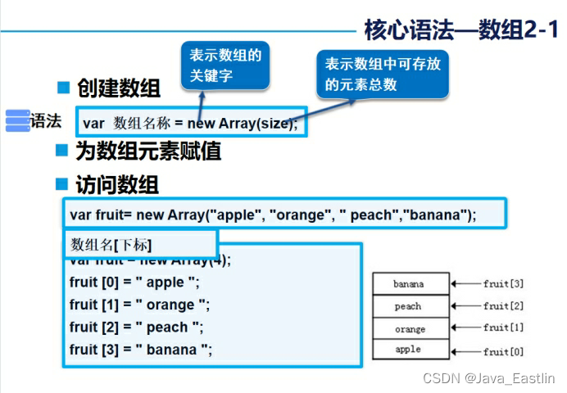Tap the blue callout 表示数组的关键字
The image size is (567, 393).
[x=225, y=65]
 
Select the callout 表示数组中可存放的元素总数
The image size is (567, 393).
[x=383, y=74]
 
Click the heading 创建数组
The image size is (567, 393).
[x=118, y=88]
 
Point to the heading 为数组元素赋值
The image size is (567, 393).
[x=147, y=151]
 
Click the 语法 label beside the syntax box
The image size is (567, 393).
[x=46, y=121]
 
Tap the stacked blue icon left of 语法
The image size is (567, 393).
[x=17, y=120]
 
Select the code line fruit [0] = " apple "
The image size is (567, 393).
[x=134, y=282]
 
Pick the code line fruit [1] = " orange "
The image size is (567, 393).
[x=139, y=305]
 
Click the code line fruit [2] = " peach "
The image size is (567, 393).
[x=136, y=327]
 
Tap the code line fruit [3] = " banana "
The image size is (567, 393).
[x=141, y=350]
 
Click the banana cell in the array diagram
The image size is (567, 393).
[x=410, y=284]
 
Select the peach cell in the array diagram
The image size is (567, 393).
[x=410, y=306]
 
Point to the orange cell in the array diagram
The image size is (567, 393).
[x=410, y=328]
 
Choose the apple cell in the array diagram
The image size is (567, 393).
[x=410, y=350]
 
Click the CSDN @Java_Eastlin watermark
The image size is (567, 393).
[x=488, y=378]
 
